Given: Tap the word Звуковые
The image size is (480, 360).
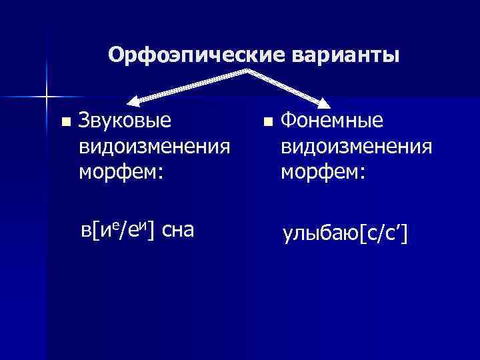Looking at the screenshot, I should pos(125,120).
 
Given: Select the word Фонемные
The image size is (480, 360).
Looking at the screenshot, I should pos(331,120).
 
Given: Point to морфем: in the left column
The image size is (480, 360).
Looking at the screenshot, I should pos(121,171).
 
